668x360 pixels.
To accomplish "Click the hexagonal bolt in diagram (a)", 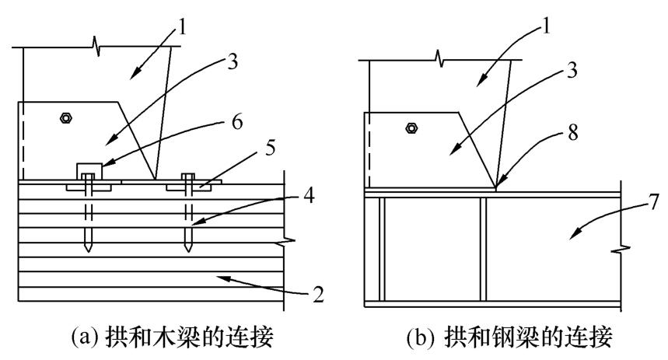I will (x=66, y=118).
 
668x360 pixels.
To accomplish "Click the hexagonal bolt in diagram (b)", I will (x=411, y=128).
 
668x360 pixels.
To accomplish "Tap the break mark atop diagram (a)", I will (x=95, y=49).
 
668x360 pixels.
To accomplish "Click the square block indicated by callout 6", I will (x=87, y=170).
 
